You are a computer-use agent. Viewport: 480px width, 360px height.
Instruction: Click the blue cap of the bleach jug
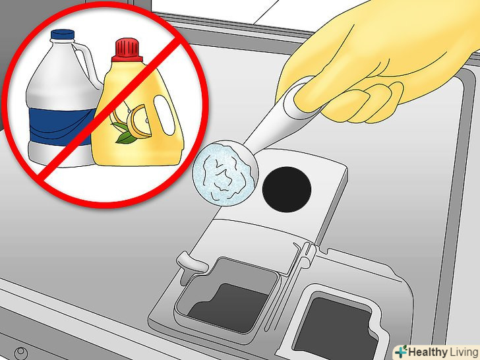tap(63, 34)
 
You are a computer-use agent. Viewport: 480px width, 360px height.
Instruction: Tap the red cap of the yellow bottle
tap(127, 49)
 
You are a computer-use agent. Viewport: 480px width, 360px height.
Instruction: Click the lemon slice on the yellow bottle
tap(139, 121)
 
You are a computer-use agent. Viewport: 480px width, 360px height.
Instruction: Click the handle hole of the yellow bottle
tap(164, 115)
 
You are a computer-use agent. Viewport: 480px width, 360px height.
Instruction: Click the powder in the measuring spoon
tap(225, 173)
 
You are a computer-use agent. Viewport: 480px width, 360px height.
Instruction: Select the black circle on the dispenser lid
tap(287, 189)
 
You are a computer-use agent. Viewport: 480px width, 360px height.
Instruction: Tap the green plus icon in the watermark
tap(401, 351)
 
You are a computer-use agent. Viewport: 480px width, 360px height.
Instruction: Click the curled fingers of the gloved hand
tap(367, 103)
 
